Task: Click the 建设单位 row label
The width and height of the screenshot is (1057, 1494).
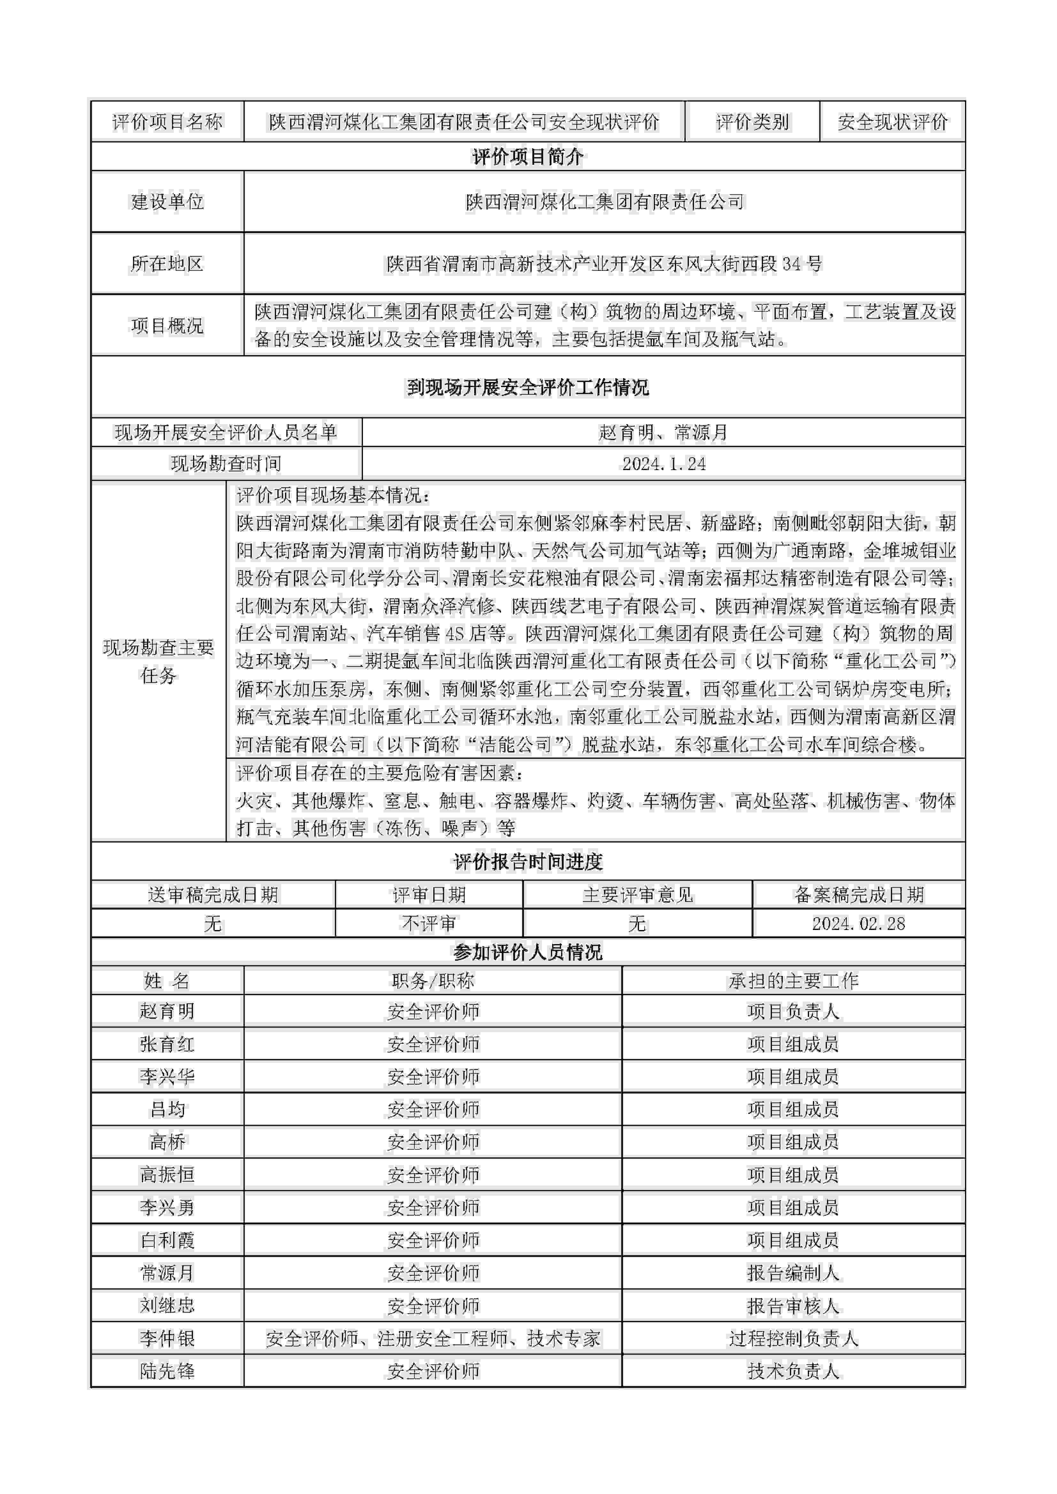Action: tap(167, 202)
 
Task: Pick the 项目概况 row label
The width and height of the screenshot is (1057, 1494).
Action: tap(167, 325)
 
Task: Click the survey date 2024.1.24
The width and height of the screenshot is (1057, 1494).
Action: tap(663, 464)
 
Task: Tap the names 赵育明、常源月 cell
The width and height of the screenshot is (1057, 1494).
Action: tap(663, 433)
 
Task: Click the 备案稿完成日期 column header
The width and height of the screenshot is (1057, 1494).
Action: tap(859, 895)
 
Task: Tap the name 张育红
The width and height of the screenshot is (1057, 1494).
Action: tap(167, 1044)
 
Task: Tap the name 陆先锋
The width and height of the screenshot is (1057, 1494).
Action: tap(167, 1371)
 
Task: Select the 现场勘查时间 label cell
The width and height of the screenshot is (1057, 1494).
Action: tap(226, 464)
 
